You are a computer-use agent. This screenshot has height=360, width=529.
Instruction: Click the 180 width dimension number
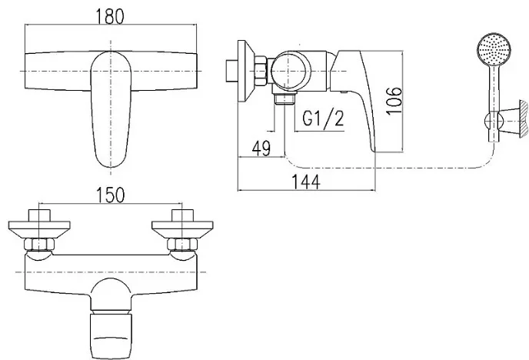pos(110,16)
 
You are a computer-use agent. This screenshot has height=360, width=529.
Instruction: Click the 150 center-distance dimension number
pos(111,195)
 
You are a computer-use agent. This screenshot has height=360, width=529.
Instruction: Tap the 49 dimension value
pos(261,148)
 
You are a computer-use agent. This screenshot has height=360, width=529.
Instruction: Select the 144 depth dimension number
pos(306,182)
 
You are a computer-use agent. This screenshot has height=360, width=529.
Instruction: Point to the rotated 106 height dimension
pos(394,101)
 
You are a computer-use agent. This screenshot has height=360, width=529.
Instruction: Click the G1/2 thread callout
pos(323,118)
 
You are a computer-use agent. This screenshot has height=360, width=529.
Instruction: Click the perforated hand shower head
pos(494,50)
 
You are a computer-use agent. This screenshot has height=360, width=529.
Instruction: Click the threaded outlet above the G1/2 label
pos(284,99)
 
